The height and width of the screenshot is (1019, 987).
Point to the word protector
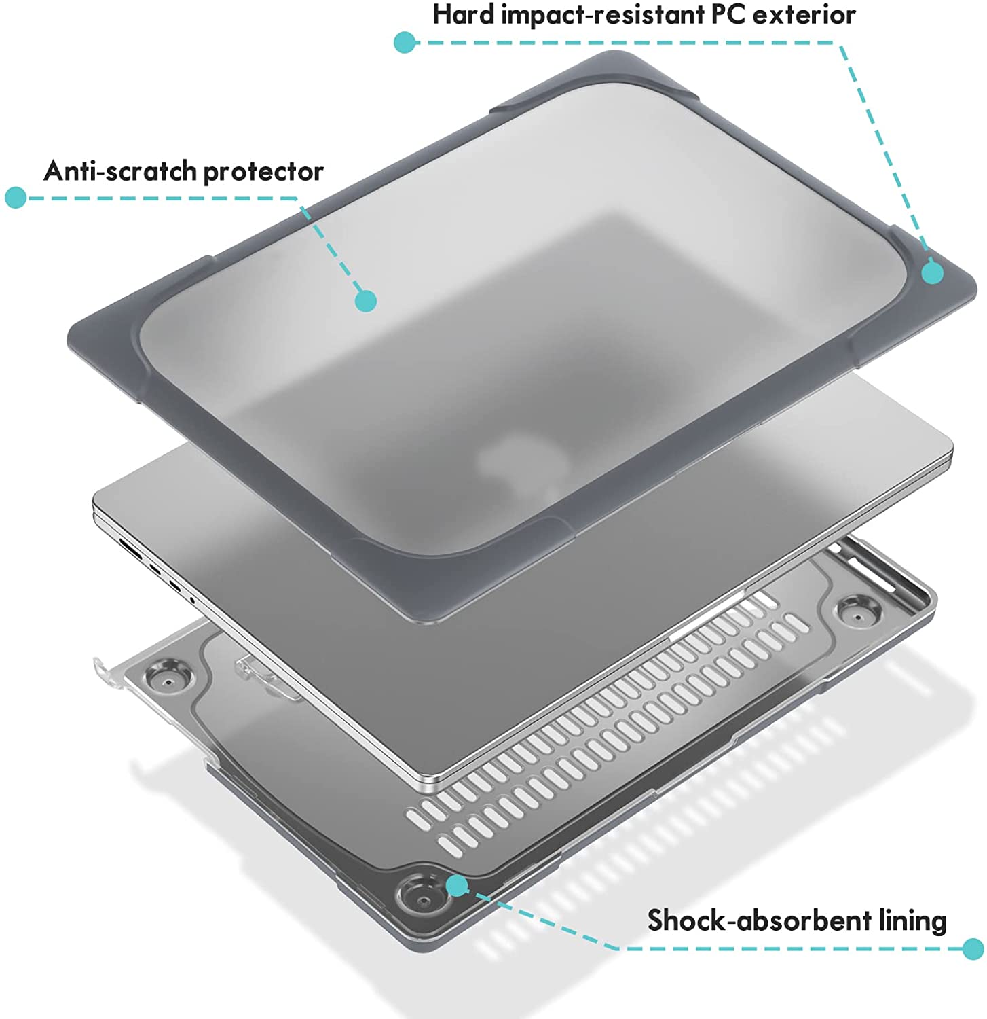coord(264,172)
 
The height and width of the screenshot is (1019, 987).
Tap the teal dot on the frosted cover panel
coord(367,300)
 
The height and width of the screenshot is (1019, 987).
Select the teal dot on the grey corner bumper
coord(933,272)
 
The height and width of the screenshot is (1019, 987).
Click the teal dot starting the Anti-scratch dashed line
coord(16,198)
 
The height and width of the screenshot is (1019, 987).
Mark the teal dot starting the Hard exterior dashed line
coord(405,42)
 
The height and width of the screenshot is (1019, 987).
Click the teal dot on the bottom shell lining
coord(457,885)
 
